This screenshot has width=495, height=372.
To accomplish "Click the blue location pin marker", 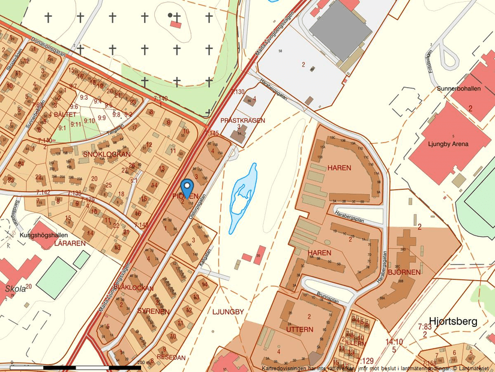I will tap(187, 188).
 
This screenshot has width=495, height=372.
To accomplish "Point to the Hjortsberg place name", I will tap(453, 322).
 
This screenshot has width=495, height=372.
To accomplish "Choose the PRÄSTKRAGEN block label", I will tap(242, 121).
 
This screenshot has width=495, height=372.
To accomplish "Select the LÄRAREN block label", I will tap(70, 244).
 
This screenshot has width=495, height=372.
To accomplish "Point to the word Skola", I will tap(16, 288).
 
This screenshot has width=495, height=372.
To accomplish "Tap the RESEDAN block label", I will tap(171, 357).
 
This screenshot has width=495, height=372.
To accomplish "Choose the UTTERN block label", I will tap(300, 329).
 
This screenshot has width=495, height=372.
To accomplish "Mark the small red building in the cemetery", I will tap(175, 24).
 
